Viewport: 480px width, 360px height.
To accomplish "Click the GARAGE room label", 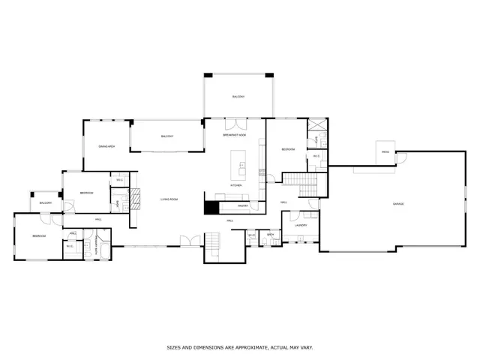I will [x=397, y=204].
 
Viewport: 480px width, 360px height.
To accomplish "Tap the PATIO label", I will [x=385, y=152].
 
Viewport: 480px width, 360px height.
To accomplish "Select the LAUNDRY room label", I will [x=301, y=224].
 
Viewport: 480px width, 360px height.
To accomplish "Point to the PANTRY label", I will [x=243, y=205].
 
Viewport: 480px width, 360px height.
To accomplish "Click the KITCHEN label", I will [x=235, y=184].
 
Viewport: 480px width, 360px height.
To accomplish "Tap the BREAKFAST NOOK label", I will [x=234, y=136].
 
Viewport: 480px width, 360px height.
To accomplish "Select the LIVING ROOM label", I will [x=169, y=199].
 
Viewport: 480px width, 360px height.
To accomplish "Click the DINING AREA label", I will [x=106, y=146].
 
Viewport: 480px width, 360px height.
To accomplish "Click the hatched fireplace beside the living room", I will [x=135, y=198].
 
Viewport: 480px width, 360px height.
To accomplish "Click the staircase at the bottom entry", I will [x=214, y=243].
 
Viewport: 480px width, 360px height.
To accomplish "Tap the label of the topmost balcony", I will [x=238, y=97].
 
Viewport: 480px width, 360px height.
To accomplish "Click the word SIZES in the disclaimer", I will [x=175, y=347].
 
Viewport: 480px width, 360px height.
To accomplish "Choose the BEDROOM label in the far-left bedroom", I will [x=39, y=236].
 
